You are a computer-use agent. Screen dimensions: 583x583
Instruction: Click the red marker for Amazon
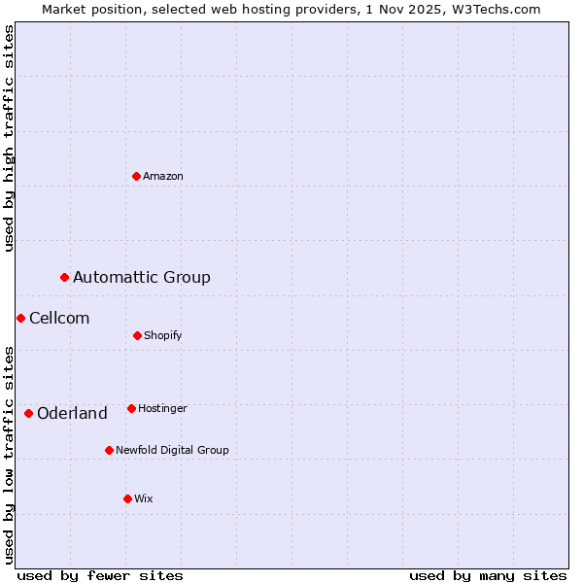click(x=137, y=176)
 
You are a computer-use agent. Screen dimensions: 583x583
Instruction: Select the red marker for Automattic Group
click(x=65, y=278)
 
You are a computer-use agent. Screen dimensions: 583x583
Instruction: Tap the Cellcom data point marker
click(x=20, y=319)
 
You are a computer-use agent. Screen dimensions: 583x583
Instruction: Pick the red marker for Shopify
click(x=137, y=335)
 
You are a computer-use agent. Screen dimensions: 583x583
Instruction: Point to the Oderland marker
click(x=29, y=414)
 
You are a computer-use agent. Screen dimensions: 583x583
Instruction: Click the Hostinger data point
click(x=131, y=408)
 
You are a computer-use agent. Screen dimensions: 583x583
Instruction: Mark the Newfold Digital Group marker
click(x=109, y=450)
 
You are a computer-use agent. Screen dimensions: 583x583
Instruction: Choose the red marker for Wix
click(x=127, y=498)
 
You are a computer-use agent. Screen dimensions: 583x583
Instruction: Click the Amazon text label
click(x=163, y=176)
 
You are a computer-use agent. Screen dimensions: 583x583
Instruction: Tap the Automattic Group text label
click(x=142, y=278)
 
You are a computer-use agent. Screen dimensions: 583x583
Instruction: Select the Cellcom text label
click(x=59, y=319)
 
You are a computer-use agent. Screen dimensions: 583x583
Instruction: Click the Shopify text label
click(x=163, y=335)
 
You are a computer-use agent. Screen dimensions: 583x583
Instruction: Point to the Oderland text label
click(x=72, y=414)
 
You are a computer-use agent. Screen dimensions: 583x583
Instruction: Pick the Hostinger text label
click(x=162, y=408)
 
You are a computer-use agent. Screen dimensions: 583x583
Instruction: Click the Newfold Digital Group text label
click(x=172, y=450)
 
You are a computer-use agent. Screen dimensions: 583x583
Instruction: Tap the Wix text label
click(x=144, y=498)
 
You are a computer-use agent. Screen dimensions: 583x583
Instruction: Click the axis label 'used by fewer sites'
click(x=100, y=575)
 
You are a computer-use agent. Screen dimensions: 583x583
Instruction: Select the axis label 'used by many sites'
click(x=488, y=575)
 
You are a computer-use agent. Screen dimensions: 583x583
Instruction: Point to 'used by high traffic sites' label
click(x=9, y=138)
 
